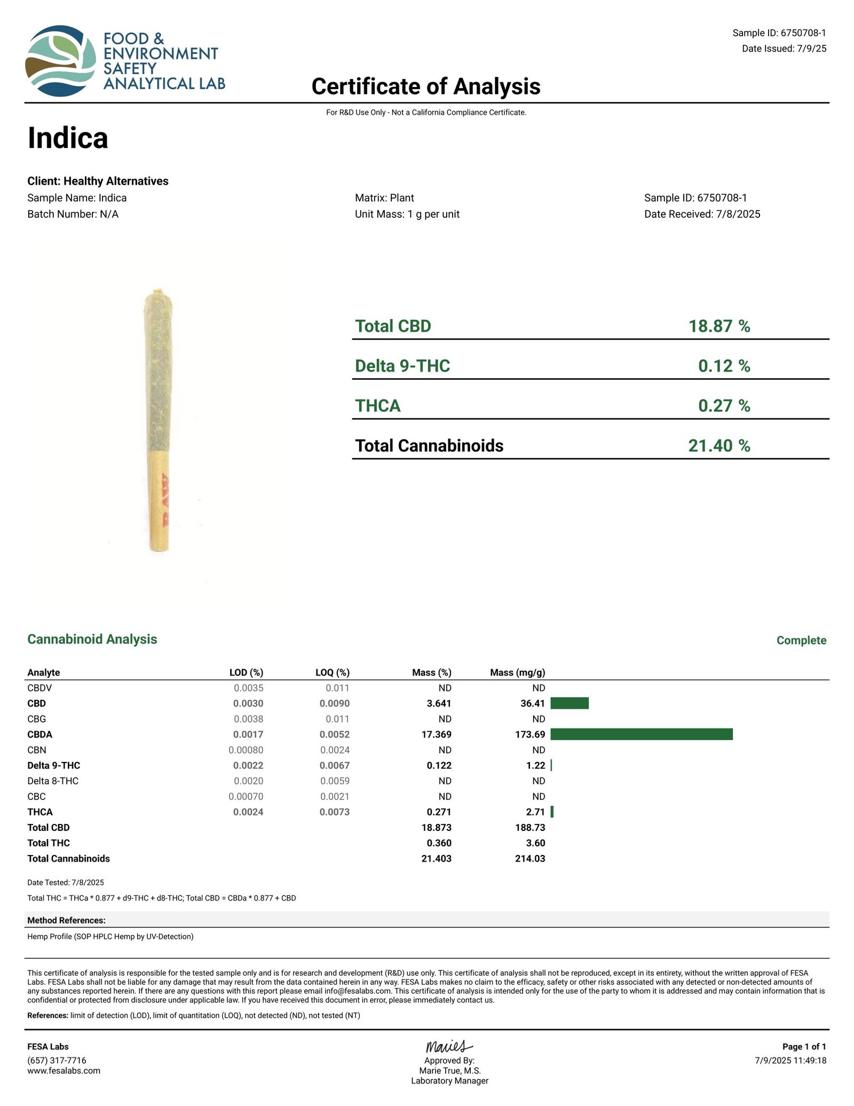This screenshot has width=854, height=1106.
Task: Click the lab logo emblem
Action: pyautogui.click(x=60, y=60)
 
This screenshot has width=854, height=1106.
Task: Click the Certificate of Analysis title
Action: pyautogui.click(x=425, y=87)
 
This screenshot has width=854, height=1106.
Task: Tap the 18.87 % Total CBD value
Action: pyautogui.click(x=719, y=326)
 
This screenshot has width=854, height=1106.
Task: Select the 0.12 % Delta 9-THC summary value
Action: pyautogui.click(x=724, y=366)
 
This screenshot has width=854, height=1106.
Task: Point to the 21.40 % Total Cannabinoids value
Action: pyautogui.click(x=719, y=445)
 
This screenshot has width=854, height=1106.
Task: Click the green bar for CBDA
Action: pyautogui.click(x=641, y=734)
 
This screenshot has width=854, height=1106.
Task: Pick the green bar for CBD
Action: pyautogui.click(x=569, y=703)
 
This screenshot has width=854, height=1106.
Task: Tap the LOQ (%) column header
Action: pyautogui.click(x=332, y=672)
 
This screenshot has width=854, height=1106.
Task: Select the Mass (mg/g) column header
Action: pyautogui.click(x=517, y=672)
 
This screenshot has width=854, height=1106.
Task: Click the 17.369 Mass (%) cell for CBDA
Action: pyautogui.click(x=436, y=734)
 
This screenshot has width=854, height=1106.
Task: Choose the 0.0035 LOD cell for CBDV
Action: pyautogui.click(x=248, y=688)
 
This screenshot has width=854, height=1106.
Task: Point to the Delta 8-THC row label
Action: pyautogui.click(x=53, y=781)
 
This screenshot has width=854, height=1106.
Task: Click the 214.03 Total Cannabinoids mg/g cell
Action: pyautogui.click(x=530, y=859)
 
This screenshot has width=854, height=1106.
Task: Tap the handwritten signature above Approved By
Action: pyautogui.click(x=449, y=1046)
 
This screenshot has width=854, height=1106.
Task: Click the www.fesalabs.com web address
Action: pyautogui.click(x=64, y=1071)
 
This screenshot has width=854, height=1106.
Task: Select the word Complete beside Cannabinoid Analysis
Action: pyautogui.click(x=801, y=640)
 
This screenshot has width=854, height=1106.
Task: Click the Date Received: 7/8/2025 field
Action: pyautogui.click(x=702, y=214)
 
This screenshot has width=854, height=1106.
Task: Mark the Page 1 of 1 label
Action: pyautogui.click(x=804, y=1047)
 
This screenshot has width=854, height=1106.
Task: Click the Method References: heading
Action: pyautogui.click(x=66, y=920)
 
